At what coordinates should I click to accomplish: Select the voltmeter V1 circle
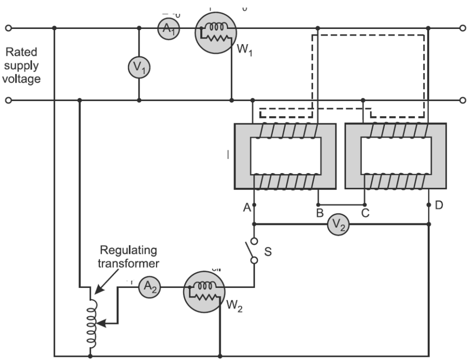click(x=138, y=68)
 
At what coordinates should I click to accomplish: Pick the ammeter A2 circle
click(x=150, y=287)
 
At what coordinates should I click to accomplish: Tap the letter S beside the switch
click(x=268, y=252)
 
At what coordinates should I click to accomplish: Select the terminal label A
click(x=247, y=208)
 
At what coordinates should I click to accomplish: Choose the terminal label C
click(x=365, y=214)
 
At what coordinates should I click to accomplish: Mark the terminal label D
click(x=438, y=205)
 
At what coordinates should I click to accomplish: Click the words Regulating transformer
click(x=128, y=257)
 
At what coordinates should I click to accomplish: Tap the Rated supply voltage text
click(x=21, y=65)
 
